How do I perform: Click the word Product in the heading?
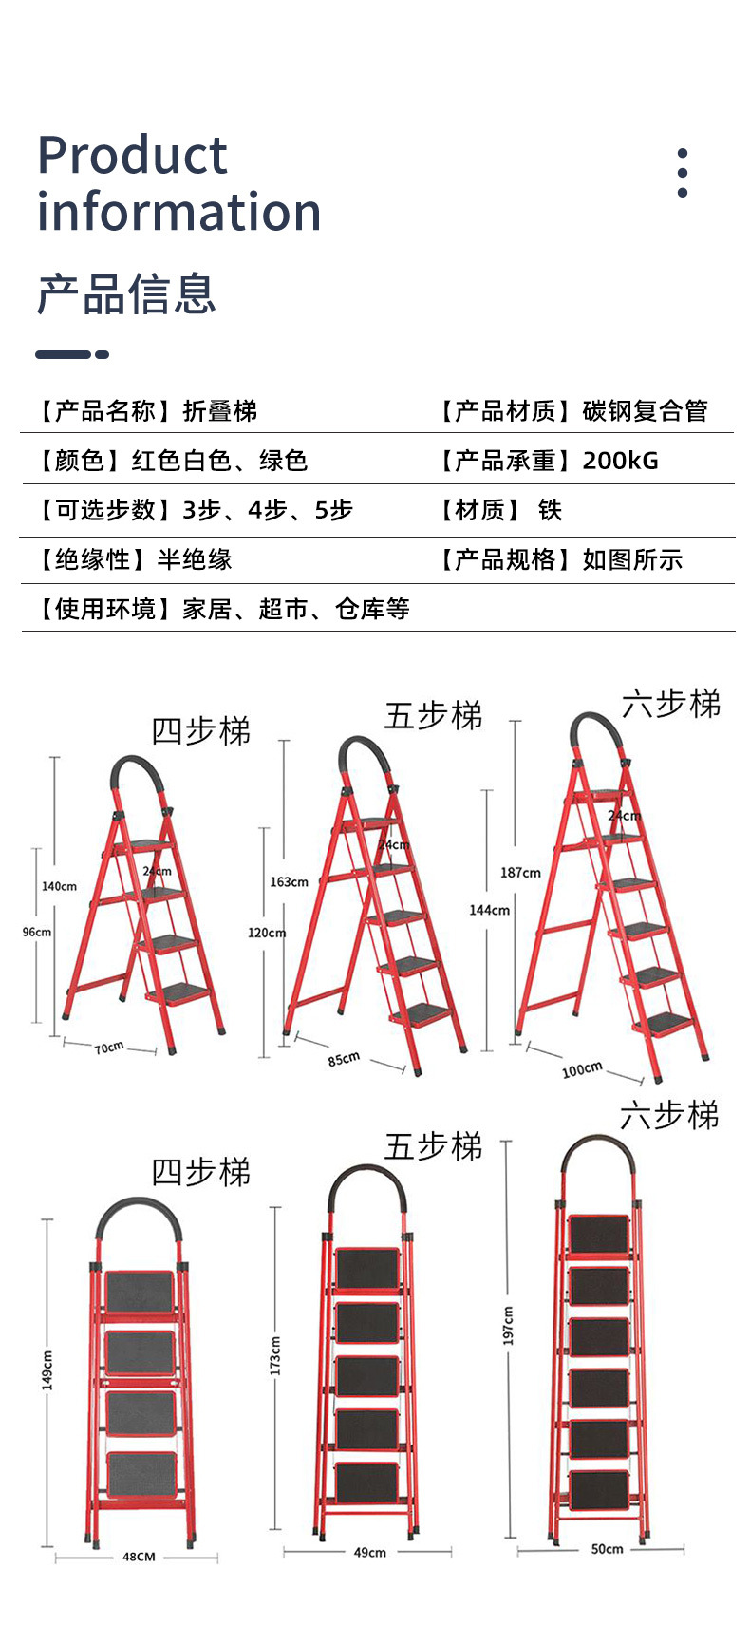click(132, 155)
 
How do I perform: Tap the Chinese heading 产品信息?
click(126, 293)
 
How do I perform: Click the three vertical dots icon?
click(682, 172)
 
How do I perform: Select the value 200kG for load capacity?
click(620, 461)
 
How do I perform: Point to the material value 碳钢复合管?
click(645, 411)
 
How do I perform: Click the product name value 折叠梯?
click(219, 411)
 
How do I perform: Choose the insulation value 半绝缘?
click(195, 559)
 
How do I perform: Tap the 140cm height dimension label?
click(59, 886)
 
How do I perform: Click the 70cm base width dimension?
click(109, 1048)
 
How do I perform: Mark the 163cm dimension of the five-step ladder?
click(289, 882)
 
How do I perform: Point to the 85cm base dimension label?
click(344, 1058)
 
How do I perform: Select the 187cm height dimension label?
click(520, 873)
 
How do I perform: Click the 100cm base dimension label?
click(581, 1069)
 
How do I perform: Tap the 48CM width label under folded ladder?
click(139, 1557)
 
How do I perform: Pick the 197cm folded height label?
click(509, 1325)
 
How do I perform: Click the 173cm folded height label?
click(275, 1355)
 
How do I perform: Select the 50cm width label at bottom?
click(607, 1549)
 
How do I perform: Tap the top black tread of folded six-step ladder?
click(598, 1234)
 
